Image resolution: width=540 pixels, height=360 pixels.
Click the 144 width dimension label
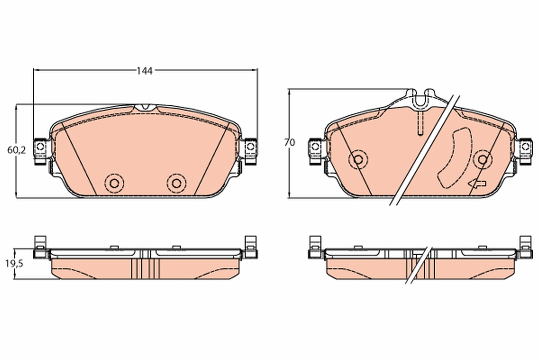145,71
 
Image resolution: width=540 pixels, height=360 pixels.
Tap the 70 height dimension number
289,143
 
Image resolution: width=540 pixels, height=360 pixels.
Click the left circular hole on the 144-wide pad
113,182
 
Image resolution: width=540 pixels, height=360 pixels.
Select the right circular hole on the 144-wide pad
176,182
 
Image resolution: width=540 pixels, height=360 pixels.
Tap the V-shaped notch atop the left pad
145,108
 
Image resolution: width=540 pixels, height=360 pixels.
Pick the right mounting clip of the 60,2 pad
250,147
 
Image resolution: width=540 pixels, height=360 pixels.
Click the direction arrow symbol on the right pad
477,183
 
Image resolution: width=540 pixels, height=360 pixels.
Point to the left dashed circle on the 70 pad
358,159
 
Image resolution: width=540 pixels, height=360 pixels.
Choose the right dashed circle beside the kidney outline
483,159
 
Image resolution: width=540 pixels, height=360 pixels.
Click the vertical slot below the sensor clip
419,122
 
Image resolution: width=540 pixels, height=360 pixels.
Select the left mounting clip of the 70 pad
315,148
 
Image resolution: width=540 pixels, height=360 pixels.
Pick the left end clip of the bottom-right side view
315,247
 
